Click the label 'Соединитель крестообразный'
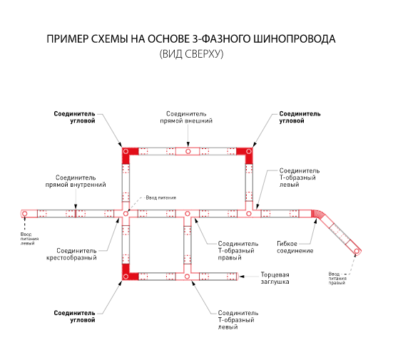click(71, 254)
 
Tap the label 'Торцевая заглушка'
click(275, 278)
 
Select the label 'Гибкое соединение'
click(295, 247)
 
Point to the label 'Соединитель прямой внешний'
click(186, 117)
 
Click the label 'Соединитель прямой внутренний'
click(76, 181)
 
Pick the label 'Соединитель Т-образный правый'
click(238, 250)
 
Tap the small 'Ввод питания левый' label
click(29, 239)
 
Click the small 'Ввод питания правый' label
click(337, 278)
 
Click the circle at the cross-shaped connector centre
click(126, 214)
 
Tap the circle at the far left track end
click(25, 214)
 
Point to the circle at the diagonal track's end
click(357, 251)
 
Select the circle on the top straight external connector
click(188, 151)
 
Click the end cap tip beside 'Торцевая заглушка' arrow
click(238, 277)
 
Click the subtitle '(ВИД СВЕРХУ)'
click(191, 54)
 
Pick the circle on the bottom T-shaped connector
click(188, 277)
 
